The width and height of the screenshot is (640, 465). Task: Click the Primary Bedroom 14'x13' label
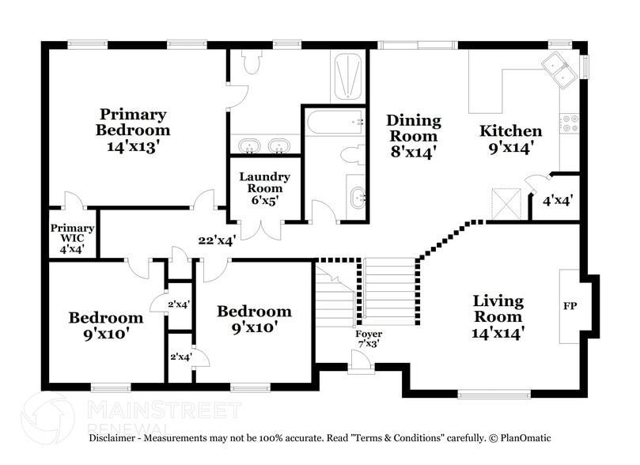[x=132, y=130]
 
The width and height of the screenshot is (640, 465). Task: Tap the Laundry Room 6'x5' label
[x=264, y=188]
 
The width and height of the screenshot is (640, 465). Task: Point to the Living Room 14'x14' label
[x=498, y=316]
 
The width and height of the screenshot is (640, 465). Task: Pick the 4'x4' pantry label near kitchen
[x=557, y=200]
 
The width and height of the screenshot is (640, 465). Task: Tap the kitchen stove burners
[x=570, y=123]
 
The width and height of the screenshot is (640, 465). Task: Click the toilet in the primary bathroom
[x=252, y=62]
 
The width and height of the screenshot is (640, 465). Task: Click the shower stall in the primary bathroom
[x=347, y=76]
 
